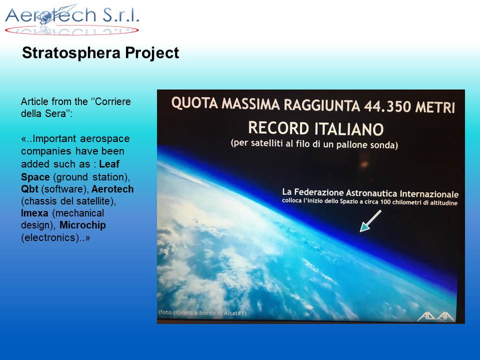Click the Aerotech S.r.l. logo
72,19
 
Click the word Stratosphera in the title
71,53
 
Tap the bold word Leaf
109,164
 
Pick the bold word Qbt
29,189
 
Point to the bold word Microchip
82,225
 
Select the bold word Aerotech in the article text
112,189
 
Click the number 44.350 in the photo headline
387,106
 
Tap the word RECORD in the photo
278,128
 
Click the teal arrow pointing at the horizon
370,221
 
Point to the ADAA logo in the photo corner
436,316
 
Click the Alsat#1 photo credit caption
202,312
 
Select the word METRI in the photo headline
435,107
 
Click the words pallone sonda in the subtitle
367,144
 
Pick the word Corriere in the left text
113,101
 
